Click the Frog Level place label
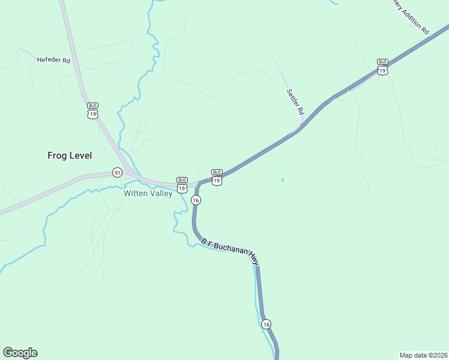pos(70,155)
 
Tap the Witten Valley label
pos(148,194)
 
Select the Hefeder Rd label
pos(53,60)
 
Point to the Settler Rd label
pos(295,102)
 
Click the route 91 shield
pos(117,173)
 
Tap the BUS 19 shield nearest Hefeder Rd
pos(92,111)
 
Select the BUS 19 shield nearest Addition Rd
pos(382,67)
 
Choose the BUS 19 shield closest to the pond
pos(217,177)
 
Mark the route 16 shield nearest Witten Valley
pos(196,200)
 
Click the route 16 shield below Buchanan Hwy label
pos(267,324)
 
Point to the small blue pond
pos(282,179)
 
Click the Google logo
pos(20,353)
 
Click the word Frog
pos(58,155)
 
